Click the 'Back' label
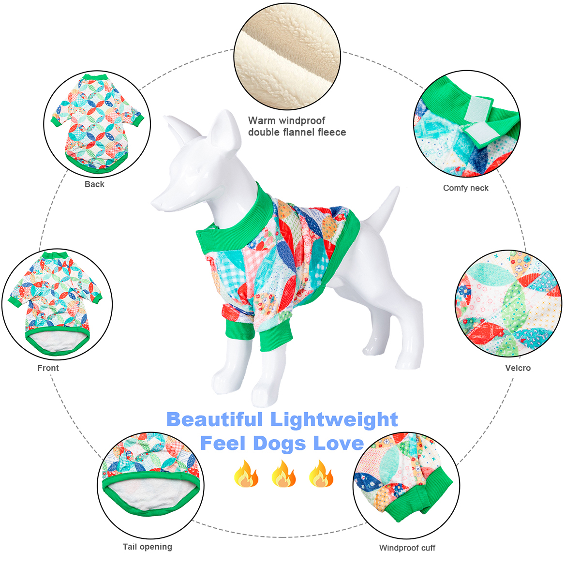(x=94, y=184)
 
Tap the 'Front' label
(x=48, y=368)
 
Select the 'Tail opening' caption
(x=147, y=547)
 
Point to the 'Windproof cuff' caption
(x=407, y=548)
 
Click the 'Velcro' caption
(x=518, y=368)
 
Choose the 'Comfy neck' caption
(x=465, y=188)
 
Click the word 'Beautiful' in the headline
(x=214, y=419)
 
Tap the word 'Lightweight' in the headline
(x=334, y=420)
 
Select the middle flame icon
(x=284, y=474)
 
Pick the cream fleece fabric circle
(x=287, y=56)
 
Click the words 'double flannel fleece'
(x=297, y=133)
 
